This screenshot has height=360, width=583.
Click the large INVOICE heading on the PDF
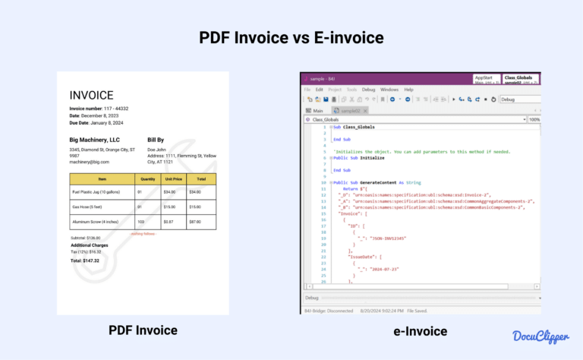92,96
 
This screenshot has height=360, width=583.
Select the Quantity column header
147,179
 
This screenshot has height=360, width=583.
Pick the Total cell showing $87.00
195,222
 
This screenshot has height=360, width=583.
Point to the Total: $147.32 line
85,261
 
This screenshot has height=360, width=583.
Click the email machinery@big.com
90,162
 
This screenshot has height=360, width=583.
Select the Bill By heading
156,140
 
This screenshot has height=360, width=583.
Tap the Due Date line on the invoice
96,123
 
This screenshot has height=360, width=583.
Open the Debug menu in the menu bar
368,90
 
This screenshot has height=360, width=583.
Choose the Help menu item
408,90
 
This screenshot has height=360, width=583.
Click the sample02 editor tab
349,110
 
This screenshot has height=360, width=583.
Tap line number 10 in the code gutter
323,182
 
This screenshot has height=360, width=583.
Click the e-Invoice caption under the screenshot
420,330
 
